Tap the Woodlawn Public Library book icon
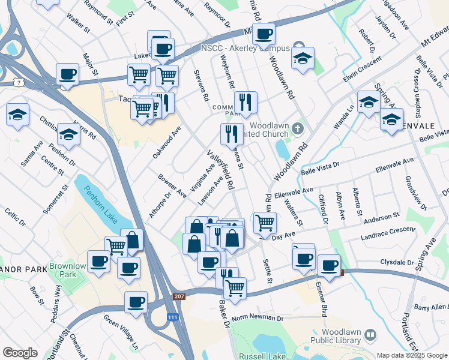point(370,334)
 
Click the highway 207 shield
point(179,296)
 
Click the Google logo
point(20,352)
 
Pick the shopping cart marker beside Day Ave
point(264,223)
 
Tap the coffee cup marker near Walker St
point(67,74)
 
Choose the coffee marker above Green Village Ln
point(136,302)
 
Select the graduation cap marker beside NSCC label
point(303,58)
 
